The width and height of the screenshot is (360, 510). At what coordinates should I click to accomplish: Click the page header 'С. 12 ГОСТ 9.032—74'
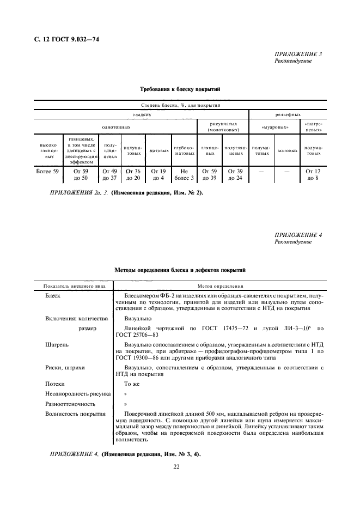click(x=68, y=39)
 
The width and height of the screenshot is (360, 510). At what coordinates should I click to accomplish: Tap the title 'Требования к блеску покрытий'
click(x=180, y=88)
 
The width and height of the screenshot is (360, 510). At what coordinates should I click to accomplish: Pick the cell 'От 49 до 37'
click(x=111, y=174)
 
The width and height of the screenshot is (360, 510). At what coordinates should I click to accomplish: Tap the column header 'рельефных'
click(x=288, y=115)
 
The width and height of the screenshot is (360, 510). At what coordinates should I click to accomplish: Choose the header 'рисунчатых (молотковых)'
click(x=222, y=128)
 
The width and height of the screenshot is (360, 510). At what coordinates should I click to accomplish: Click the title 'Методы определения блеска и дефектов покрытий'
click(x=180, y=270)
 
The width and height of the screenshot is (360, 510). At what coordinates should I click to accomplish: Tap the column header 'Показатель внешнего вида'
click(x=74, y=286)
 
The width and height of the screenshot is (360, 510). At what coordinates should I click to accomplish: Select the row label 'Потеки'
click(x=55, y=384)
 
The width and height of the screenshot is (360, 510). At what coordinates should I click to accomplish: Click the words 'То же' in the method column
click(x=133, y=384)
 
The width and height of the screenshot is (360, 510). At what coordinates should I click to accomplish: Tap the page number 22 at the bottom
click(x=176, y=466)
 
